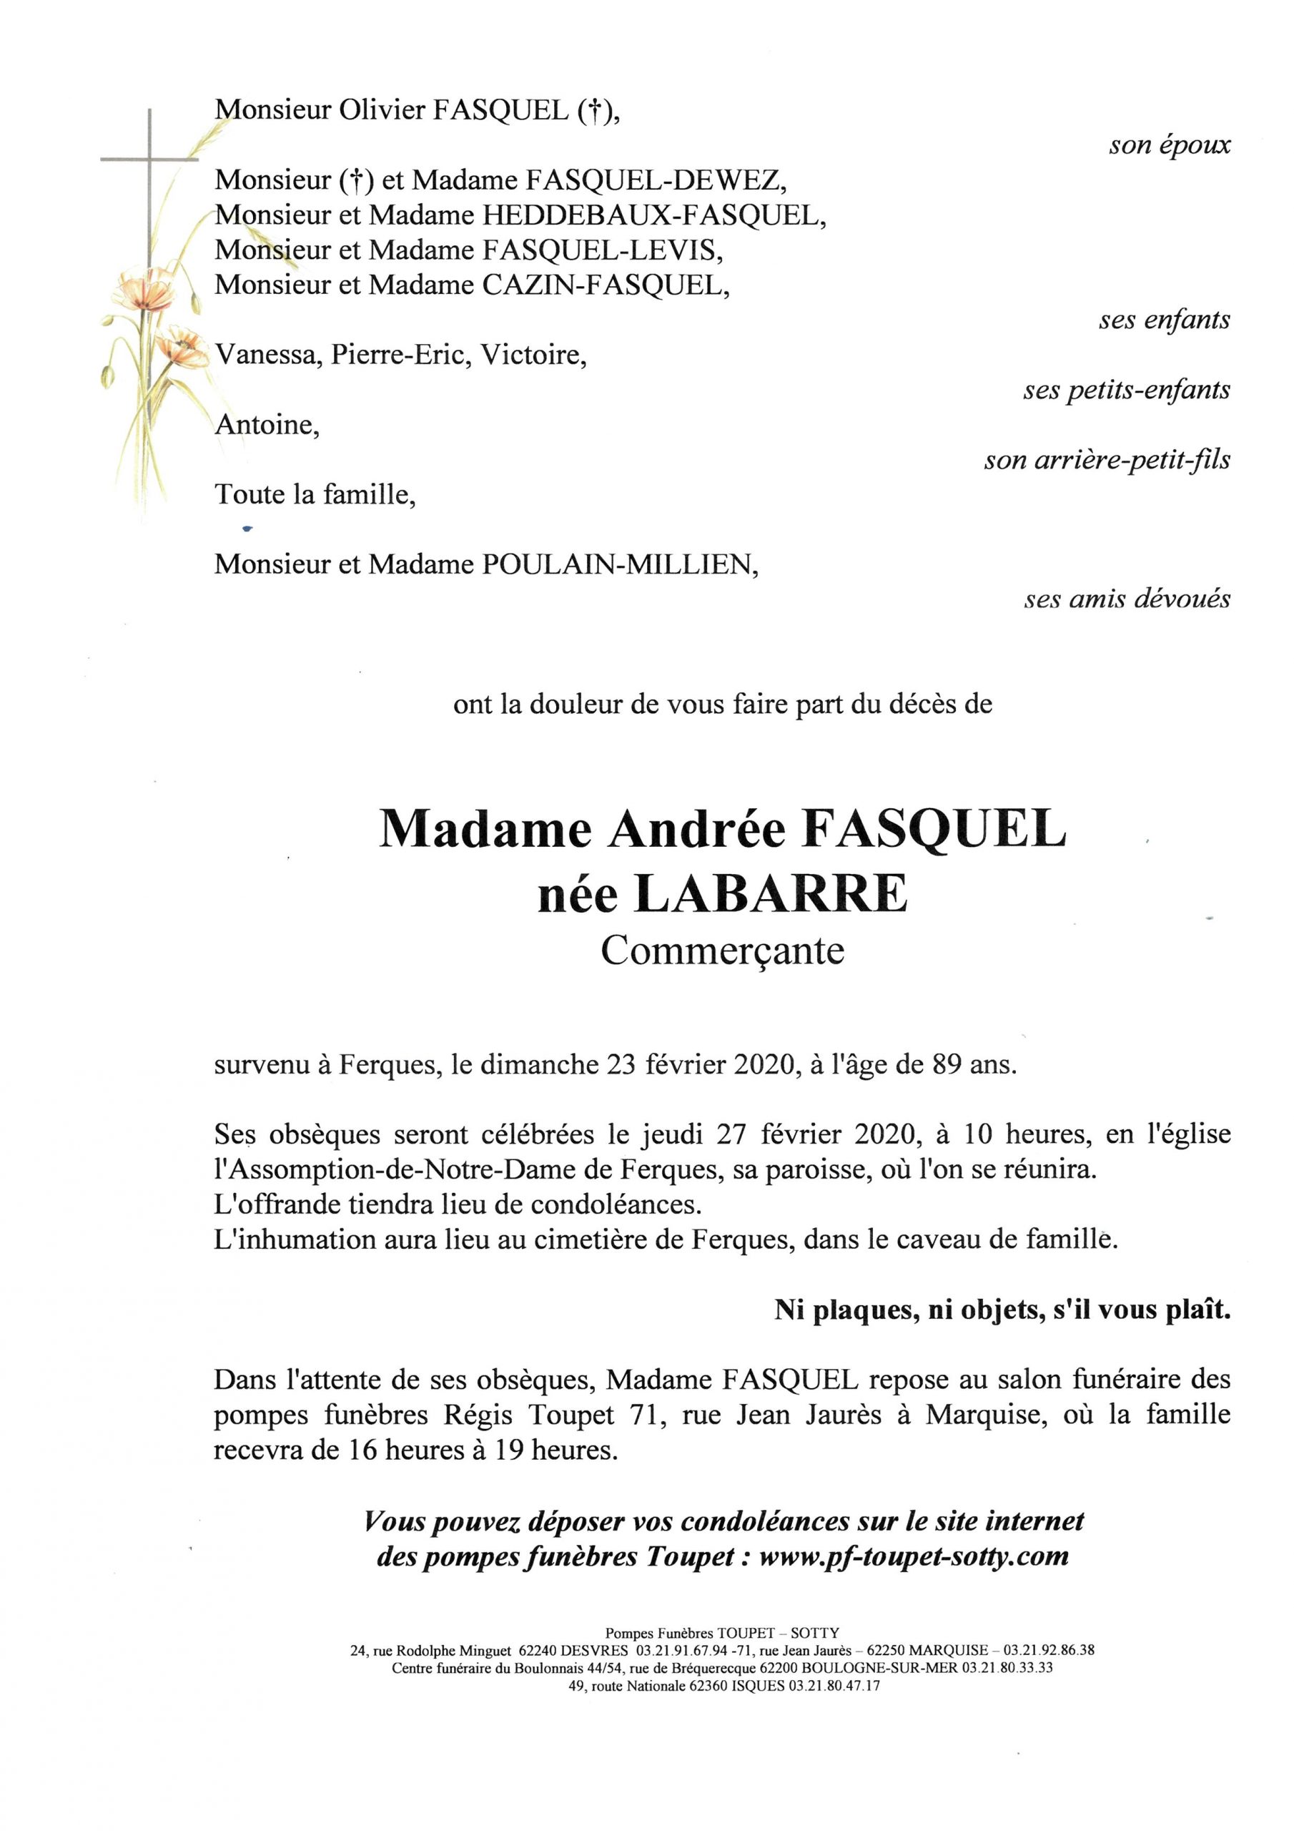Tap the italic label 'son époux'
tap(1170, 145)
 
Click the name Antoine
tap(266, 425)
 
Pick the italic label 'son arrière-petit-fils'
tap(1107, 460)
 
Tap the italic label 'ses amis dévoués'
tap(1127, 599)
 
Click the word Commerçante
tap(722, 951)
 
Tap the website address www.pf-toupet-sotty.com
tap(913, 1556)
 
